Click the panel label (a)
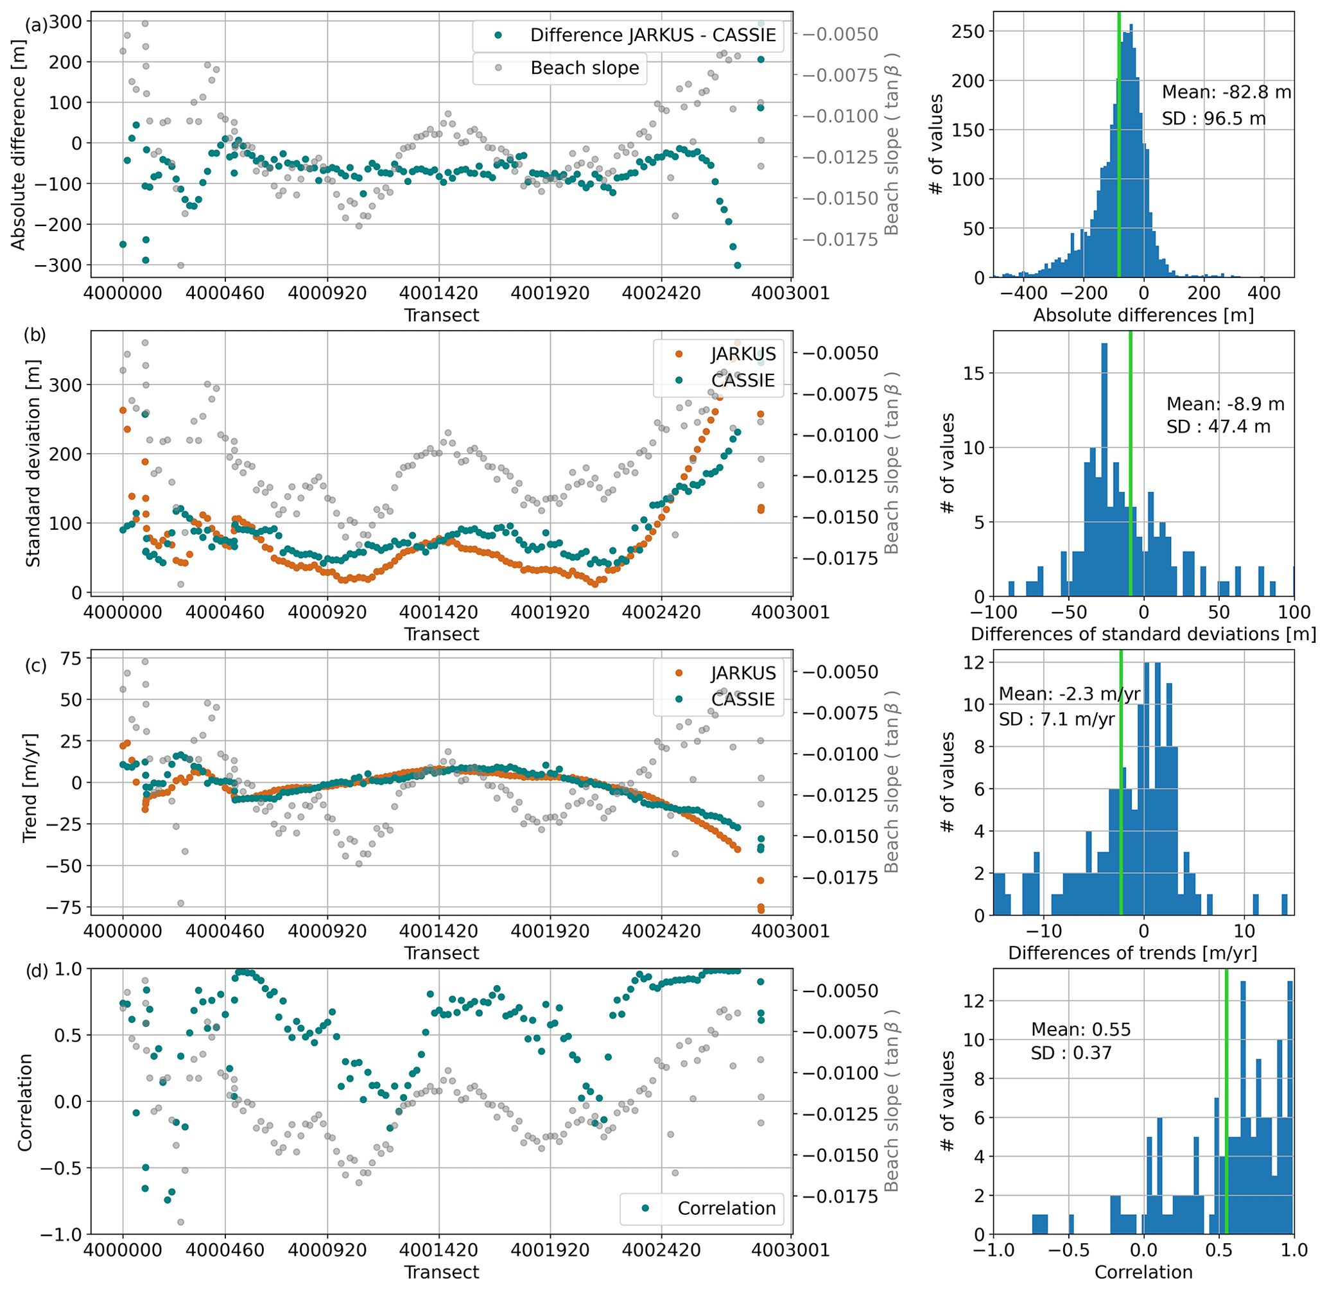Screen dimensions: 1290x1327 click(x=36, y=25)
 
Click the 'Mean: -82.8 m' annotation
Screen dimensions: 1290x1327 click(x=1226, y=92)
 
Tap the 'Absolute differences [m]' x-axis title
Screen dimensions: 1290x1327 click(x=1143, y=315)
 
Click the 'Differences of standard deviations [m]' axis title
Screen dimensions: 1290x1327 click(x=1143, y=634)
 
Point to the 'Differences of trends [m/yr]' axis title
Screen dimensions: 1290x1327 click(x=1132, y=953)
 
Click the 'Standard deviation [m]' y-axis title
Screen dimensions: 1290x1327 click(x=33, y=464)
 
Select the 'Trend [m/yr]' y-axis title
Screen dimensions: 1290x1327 click(x=30, y=787)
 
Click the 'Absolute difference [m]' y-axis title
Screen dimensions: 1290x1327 click(x=18, y=144)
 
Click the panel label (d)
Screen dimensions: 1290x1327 click(x=36, y=972)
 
